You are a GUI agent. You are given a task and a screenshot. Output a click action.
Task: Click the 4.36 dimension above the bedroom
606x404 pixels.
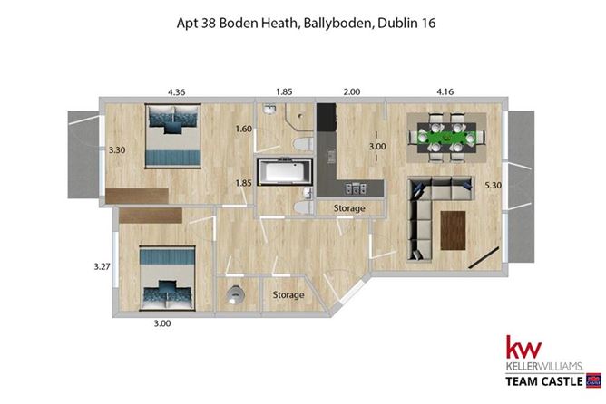pos(176,91)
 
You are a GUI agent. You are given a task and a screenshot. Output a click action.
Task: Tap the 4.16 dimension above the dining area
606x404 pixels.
pos(446,91)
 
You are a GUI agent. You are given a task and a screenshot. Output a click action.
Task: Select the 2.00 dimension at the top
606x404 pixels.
pos(352,91)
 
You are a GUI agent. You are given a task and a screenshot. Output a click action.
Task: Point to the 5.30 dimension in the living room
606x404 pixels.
pos(493,186)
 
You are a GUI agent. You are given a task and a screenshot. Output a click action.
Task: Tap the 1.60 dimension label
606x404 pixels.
pos(242,130)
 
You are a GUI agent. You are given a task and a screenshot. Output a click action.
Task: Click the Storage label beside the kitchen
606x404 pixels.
pos(349,209)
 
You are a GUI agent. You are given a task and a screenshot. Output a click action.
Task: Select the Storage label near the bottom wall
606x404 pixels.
pos(288,295)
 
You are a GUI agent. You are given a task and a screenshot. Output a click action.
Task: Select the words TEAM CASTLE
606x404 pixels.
pos(542,380)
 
